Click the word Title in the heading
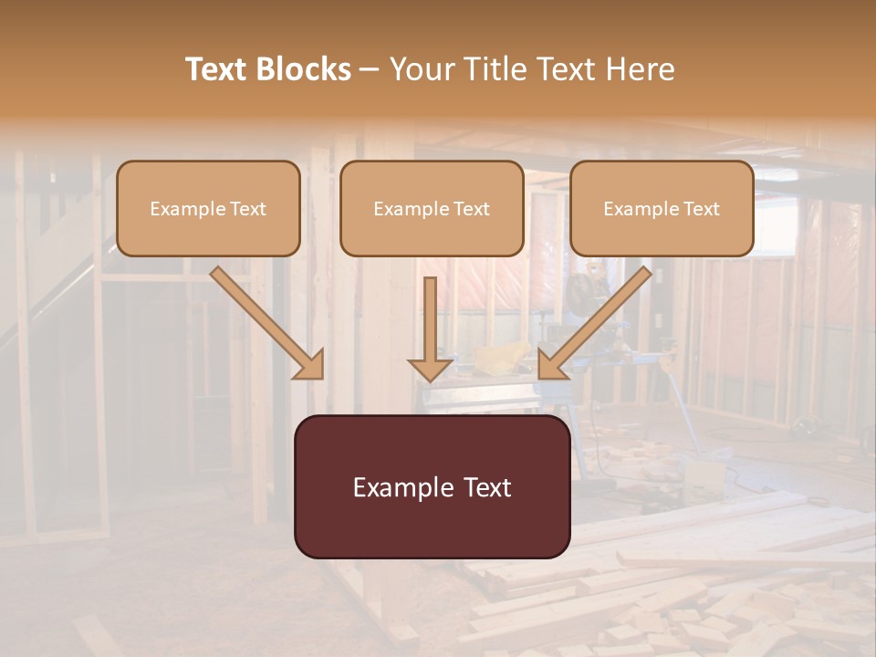coord(490,69)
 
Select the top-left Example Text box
coord(208,209)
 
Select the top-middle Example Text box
coord(432,209)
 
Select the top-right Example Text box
coord(662,209)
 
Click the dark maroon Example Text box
coord(432,486)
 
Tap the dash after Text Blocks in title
coord(370,70)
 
